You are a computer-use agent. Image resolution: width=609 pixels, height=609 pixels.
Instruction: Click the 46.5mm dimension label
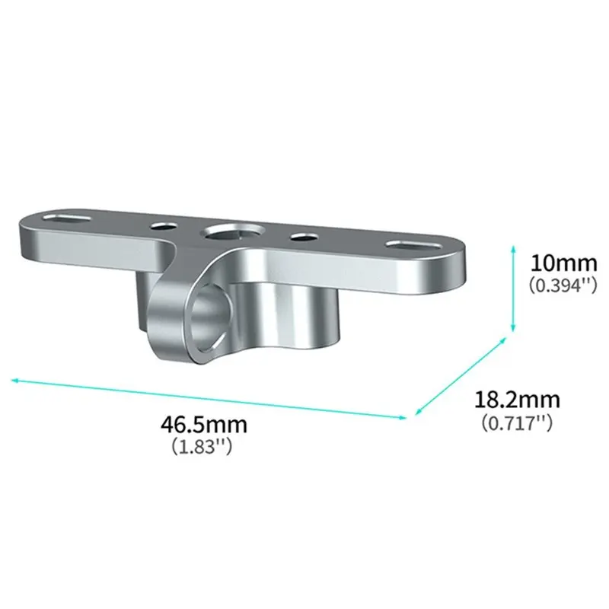(x=204, y=425)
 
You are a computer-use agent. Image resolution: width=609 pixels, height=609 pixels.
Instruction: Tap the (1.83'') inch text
(x=202, y=446)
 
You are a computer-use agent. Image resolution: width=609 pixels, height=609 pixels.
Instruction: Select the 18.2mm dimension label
(x=518, y=400)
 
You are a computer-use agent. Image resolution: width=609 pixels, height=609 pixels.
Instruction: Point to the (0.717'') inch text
(x=517, y=422)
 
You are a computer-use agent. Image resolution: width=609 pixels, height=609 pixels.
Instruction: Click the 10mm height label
(x=563, y=263)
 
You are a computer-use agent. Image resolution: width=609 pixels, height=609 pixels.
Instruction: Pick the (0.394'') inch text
(x=563, y=285)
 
